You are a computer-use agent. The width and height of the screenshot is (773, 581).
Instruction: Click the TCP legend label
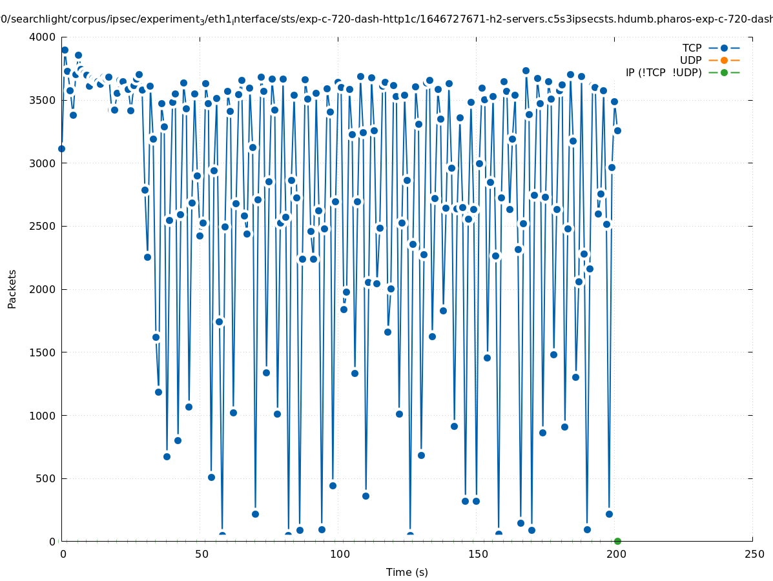(692, 48)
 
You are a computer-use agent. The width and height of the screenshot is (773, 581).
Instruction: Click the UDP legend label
(691, 60)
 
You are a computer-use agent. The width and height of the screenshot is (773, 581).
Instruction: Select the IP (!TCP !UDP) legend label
(663, 72)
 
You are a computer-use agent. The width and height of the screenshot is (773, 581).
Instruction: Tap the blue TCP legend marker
(724, 48)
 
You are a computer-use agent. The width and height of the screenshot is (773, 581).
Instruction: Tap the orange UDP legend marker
(724, 60)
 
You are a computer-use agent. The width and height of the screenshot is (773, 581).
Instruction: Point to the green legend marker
(724, 72)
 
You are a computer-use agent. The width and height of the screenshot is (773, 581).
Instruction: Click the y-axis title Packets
(12, 289)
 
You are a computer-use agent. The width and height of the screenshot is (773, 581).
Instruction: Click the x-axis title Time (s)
(407, 572)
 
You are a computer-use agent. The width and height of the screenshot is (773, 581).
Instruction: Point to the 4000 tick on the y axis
(43, 37)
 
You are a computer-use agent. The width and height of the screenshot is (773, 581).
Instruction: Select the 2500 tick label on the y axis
(43, 226)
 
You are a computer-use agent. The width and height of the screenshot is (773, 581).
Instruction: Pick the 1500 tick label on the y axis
(43, 352)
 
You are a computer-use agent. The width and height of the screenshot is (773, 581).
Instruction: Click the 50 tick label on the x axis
(201, 554)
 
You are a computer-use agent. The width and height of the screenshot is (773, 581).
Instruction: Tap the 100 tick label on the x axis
(340, 554)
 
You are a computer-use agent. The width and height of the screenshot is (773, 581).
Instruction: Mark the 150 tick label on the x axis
(477, 554)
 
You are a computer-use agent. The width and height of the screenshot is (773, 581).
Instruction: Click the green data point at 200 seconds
(617, 541)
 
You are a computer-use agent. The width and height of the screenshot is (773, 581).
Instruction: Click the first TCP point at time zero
(61, 148)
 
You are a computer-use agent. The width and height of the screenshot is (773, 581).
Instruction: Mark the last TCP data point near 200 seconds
(617, 130)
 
